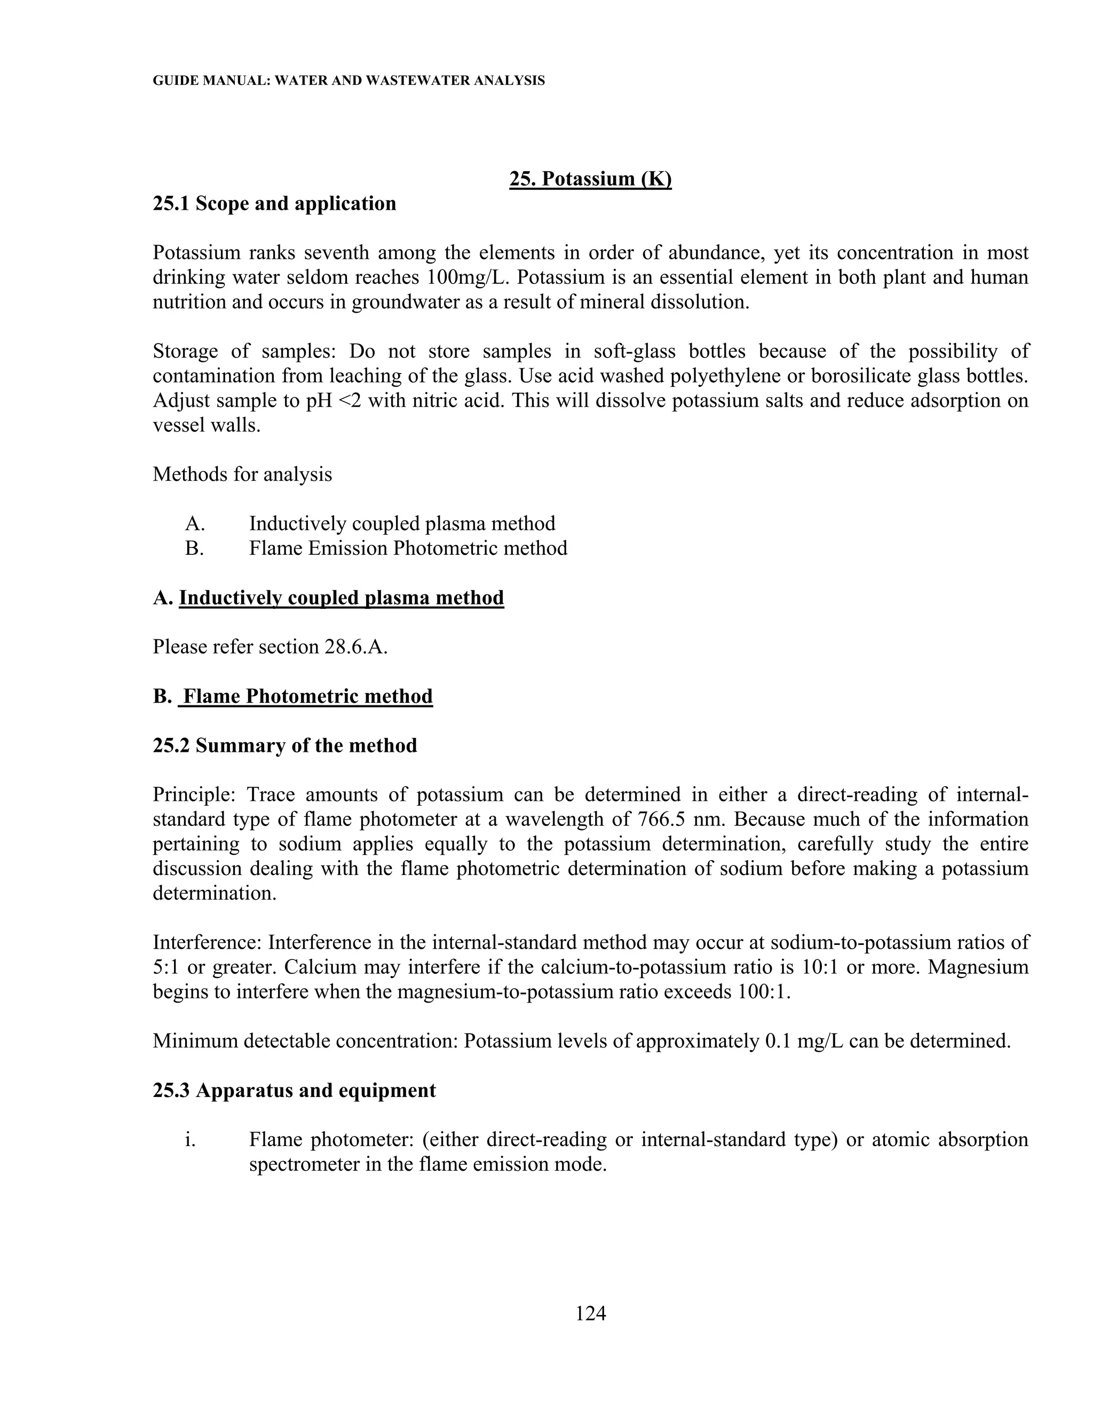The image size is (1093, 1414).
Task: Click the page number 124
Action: point(590,1313)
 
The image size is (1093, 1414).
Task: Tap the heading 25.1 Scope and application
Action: point(274,203)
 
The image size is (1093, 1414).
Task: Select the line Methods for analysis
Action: point(242,474)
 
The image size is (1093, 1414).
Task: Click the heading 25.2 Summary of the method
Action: point(285,745)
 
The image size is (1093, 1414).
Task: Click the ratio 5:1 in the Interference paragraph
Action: point(165,967)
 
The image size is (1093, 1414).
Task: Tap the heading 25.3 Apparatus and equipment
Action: point(294,1090)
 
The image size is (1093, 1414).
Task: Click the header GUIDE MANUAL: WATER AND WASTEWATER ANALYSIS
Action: point(349,81)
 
